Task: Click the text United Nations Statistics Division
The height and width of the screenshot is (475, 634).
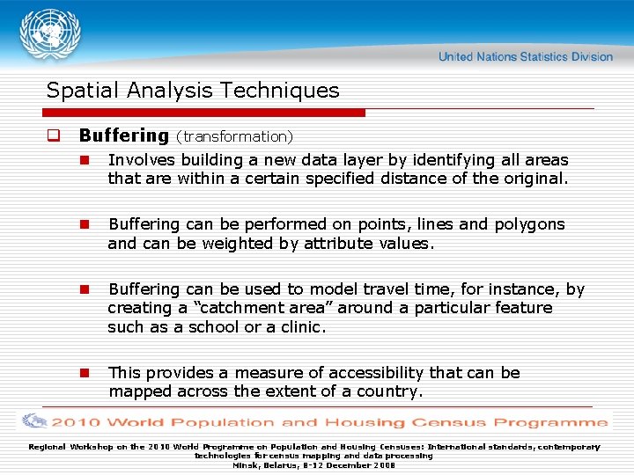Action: coord(525,56)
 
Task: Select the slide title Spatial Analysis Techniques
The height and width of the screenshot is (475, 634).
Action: coord(192,91)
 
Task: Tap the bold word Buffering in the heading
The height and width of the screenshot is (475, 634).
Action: coord(123,135)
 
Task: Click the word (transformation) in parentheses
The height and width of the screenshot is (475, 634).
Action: coord(234,136)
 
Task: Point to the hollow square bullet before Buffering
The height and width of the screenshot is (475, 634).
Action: coord(53,136)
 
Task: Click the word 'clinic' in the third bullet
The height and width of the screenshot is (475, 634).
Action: coord(300,327)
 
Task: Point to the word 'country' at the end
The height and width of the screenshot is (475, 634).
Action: coord(387,391)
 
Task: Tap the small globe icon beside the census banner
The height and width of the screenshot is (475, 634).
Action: coord(34,421)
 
